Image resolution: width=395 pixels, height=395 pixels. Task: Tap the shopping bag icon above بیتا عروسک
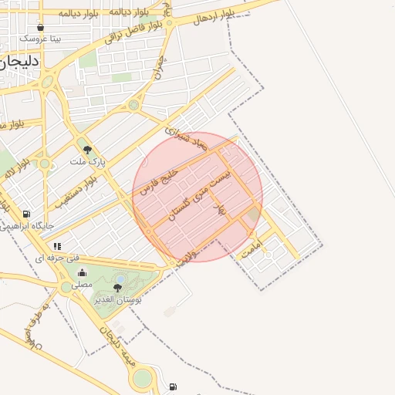pyautogui.click(x=40, y=27)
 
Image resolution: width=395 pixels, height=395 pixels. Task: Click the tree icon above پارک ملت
pyautogui.click(x=86, y=150)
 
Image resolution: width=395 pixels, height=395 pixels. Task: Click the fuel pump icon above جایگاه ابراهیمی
pyautogui.click(x=27, y=214)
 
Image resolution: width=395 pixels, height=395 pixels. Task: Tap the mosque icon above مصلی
pyautogui.click(x=83, y=272)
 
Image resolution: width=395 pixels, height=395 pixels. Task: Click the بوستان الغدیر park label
pyautogui.click(x=117, y=298)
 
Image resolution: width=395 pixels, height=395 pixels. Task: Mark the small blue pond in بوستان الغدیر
pyautogui.click(x=120, y=279)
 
